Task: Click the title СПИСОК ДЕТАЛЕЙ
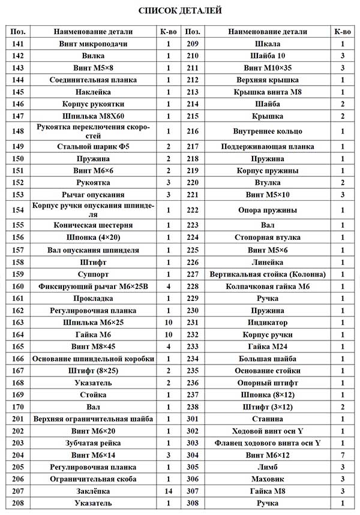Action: (x=180, y=10)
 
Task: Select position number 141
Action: (x=18, y=44)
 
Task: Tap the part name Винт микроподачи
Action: (x=93, y=44)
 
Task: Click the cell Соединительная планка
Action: (x=93, y=80)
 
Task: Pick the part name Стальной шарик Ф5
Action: (x=93, y=146)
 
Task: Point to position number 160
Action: (x=18, y=287)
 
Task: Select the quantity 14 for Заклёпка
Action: (x=169, y=491)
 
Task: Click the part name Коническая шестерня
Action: (x=93, y=225)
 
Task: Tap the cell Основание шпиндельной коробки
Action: (x=93, y=359)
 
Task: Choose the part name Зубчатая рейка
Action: (x=93, y=443)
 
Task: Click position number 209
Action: (x=193, y=44)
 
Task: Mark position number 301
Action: (x=193, y=419)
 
